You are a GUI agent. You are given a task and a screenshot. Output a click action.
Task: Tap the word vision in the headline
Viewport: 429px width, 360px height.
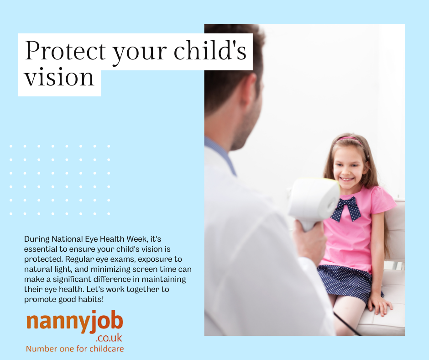[x=59, y=77]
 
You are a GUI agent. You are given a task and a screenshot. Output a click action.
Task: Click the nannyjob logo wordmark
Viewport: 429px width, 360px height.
[x=75, y=322]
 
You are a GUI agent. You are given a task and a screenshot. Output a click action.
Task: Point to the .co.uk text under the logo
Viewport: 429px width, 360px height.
[x=109, y=339]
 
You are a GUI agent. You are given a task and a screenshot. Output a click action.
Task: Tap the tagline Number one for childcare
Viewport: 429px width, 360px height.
[x=75, y=349]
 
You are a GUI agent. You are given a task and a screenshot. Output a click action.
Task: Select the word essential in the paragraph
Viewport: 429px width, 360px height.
[x=40, y=249]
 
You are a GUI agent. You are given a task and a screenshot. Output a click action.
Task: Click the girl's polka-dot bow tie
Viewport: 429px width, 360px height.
[x=345, y=208]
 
